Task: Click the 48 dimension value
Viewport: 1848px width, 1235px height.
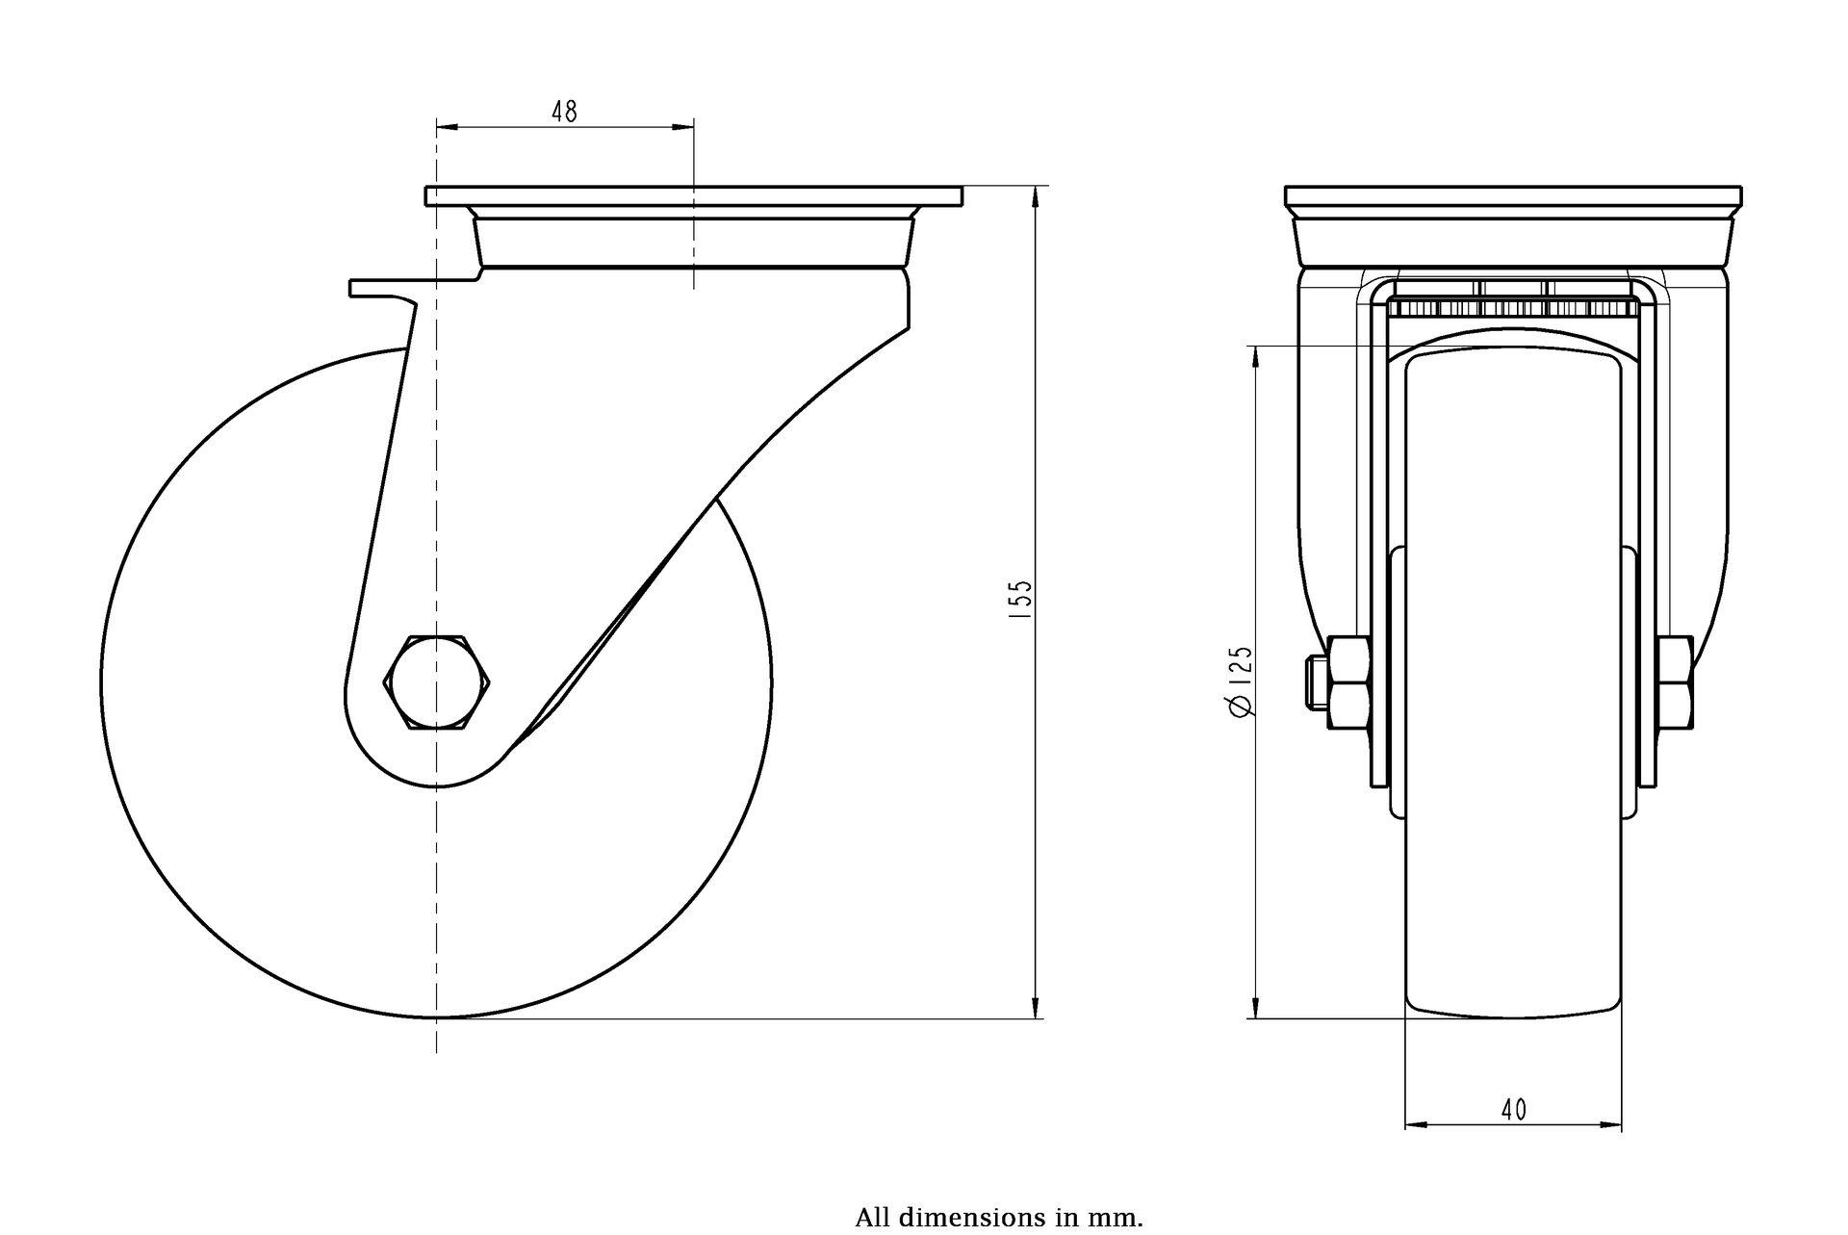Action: pyautogui.click(x=564, y=112)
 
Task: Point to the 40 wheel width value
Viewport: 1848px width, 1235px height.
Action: pyautogui.click(x=1513, y=1110)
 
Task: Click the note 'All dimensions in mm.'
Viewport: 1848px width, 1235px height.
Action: pyautogui.click(x=998, y=1217)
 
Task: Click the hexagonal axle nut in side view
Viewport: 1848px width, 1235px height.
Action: pyautogui.click(x=437, y=681)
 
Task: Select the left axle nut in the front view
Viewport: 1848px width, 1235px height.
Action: pyautogui.click(x=1349, y=682)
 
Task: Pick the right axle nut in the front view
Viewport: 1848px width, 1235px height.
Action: pyautogui.click(x=1676, y=682)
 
